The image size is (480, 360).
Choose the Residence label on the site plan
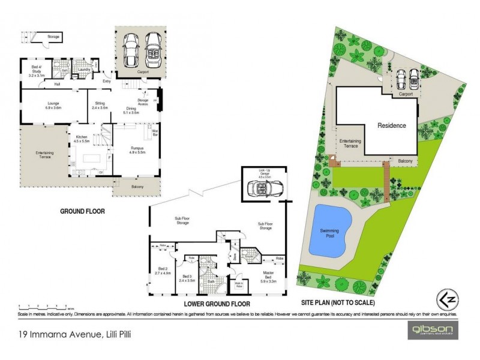pos(391,126)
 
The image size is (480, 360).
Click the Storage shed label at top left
pos(53,37)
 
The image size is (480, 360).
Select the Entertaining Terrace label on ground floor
pos(44,154)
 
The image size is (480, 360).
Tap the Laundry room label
pos(84,70)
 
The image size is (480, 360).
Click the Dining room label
pos(131,110)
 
